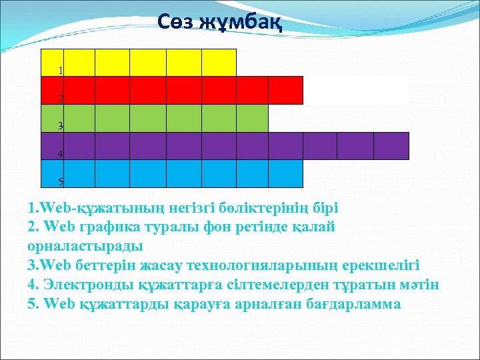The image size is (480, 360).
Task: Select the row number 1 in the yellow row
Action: tap(61, 70)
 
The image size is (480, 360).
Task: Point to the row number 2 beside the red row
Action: tap(61, 98)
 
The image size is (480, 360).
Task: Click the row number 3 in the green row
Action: tap(61, 126)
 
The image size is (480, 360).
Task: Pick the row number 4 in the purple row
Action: tap(61, 154)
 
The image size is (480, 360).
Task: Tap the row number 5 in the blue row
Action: tap(61, 181)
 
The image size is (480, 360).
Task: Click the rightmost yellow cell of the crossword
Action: tap(219, 63)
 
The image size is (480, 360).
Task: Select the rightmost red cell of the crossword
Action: tap(286, 91)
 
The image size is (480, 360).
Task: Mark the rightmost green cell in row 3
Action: tap(252, 119)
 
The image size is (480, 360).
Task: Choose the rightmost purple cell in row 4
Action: tap(391, 146)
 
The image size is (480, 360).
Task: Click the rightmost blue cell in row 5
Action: tap(286, 174)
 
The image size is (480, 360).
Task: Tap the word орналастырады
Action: tap(85, 246)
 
